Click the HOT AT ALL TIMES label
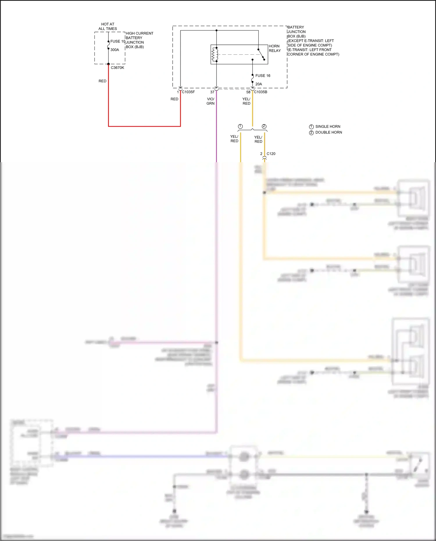coord(108,26)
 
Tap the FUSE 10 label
coord(118,41)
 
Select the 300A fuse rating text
coord(115,50)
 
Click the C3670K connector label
coord(117,68)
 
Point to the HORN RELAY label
coord(274,48)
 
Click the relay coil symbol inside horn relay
coord(215,54)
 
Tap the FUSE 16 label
coord(263,76)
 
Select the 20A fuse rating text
coord(259,84)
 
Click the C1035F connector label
coord(188,92)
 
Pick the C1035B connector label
coord(260,92)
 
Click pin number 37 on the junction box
coord(212,92)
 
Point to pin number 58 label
coord(248,92)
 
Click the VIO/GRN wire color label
coord(210,101)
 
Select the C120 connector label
coord(271,154)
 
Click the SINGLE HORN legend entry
coord(328,126)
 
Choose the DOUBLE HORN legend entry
coord(328,132)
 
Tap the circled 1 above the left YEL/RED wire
coord(240,126)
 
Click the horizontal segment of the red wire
coord(144,126)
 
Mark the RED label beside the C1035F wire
coord(174,99)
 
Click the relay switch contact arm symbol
coord(261,54)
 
